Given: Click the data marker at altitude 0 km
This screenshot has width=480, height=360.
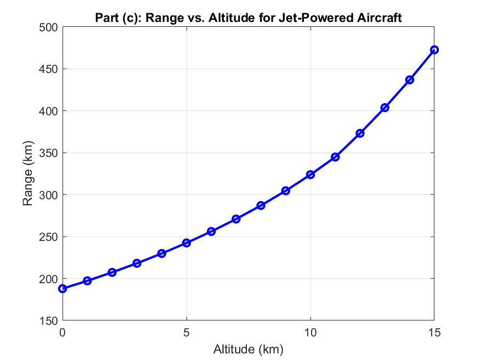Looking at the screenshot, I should click(63, 289).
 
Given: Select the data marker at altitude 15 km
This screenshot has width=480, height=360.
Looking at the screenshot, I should click(434, 50).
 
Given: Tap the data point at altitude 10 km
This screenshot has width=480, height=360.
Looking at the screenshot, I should click(310, 175).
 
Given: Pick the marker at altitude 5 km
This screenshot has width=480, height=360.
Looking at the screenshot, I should click(187, 243).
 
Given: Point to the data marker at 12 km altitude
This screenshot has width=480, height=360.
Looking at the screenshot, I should click(360, 133).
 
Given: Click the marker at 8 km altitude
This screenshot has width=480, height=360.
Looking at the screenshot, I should click(261, 205).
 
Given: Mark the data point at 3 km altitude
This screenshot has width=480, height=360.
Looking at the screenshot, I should click(137, 263).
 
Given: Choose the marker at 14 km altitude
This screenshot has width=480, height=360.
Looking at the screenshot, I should click(409, 80).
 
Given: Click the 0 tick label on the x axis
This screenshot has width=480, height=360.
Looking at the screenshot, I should click(63, 333).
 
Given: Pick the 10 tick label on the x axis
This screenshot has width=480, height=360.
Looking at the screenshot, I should click(310, 333).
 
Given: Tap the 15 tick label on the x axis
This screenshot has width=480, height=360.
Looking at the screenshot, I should click(434, 333).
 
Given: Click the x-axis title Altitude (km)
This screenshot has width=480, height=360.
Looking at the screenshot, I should click(248, 348).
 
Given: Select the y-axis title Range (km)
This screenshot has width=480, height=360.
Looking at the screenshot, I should click(28, 173).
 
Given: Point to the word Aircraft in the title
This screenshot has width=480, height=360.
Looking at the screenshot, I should click(381, 18).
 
